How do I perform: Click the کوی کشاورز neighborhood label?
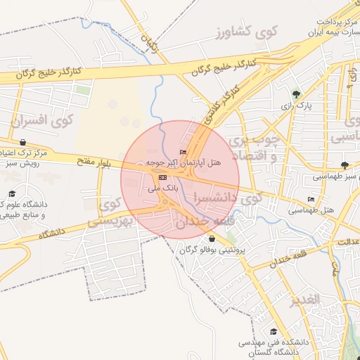248,32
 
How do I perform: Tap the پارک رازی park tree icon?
296,94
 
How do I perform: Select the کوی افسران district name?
42,120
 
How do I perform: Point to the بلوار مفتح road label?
94,162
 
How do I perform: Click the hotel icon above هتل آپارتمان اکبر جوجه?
184,151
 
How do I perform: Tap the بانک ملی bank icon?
163,177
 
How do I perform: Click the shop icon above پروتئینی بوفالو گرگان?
212,238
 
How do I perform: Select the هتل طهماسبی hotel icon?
311,199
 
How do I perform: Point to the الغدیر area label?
304,299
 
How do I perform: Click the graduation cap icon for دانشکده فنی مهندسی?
273,332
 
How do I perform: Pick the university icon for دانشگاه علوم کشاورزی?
11,193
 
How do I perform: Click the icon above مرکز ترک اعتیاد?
23,142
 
